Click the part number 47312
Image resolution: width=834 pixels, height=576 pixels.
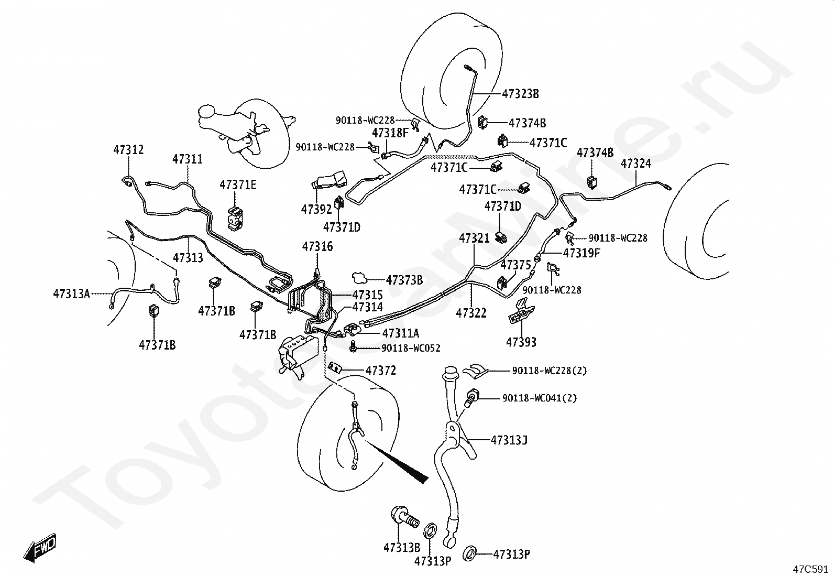click(x=128, y=150)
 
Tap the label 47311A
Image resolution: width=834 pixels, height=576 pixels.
click(x=401, y=333)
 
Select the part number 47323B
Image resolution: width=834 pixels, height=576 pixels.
click(x=520, y=94)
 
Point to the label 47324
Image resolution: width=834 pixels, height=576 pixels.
click(x=636, y=164)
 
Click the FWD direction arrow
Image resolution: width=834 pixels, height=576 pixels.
click(x=39, y=547)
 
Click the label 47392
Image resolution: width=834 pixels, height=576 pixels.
click(x=316, y=210)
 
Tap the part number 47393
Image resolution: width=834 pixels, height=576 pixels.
click(x=521, y=342)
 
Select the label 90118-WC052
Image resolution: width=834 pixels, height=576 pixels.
click(x=411, y=349)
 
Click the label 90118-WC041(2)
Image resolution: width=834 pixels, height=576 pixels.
click(x=540, y=398)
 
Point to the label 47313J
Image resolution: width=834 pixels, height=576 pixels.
click(x=509, y=440)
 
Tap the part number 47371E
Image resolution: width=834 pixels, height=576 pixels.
click(x=238, y=185)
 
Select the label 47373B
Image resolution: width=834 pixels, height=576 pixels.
click(x=404, y=280)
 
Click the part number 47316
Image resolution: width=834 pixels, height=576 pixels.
click(x=317, y=247)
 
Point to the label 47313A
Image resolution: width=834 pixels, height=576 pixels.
click(x=71, y=294)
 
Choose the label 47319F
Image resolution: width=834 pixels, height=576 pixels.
click(x=581, y=253)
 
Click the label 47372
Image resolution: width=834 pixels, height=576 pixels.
click(x=381, y=371)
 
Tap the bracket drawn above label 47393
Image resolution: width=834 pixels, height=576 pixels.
click(x=521, y=310)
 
